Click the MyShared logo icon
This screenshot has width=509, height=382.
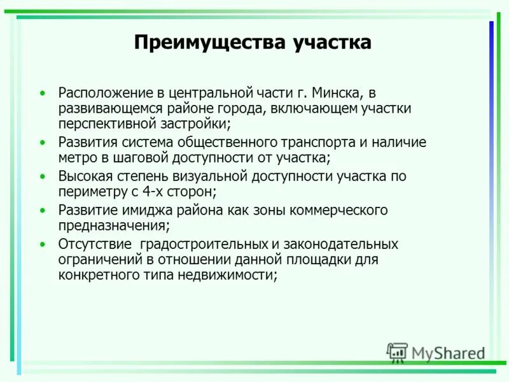pyautogui.click(x=397, y=352)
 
